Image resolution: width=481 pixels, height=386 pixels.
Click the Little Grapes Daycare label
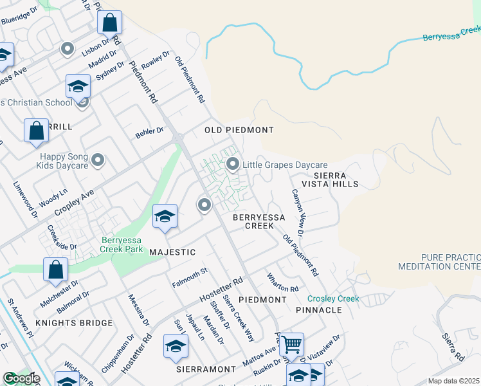point(285,165)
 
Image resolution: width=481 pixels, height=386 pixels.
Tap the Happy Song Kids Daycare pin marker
point(98,160)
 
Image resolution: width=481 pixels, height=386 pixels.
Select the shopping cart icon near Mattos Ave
point(292,344)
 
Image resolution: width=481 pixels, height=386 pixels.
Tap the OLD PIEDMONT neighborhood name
point(239,130)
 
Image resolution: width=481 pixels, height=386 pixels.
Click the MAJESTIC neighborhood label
point(172,252)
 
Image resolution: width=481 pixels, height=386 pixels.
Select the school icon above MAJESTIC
point(165,216)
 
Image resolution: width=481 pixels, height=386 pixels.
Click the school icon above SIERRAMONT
point(176,346)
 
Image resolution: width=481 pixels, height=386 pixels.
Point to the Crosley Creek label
point(333,299)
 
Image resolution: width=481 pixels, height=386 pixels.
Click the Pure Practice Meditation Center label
point(439,261)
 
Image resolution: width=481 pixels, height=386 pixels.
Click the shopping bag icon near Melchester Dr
point(55,270)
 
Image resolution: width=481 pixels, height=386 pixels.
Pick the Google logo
point(21,378)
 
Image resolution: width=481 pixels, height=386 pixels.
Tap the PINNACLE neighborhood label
point(319,310)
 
